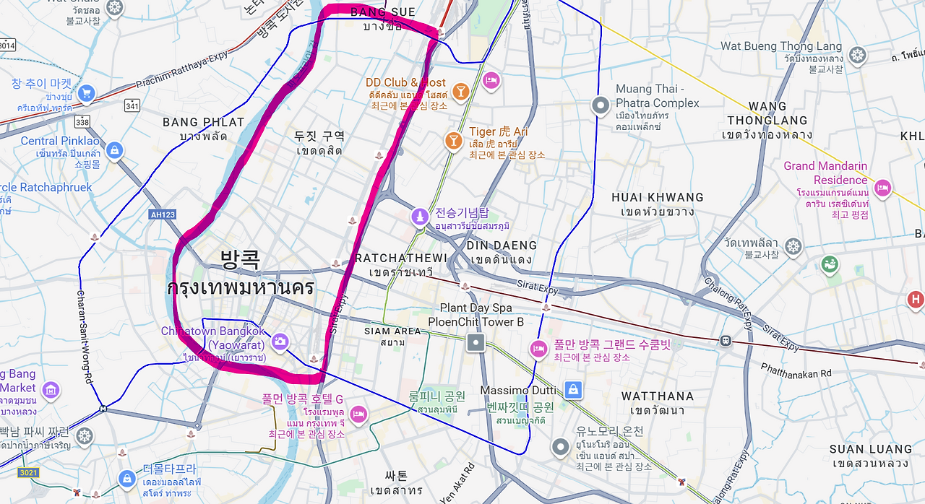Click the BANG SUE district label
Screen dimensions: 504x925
(382, 12)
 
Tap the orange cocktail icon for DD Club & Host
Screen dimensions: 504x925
(460, 91)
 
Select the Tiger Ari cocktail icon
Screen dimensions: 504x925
(454, 140)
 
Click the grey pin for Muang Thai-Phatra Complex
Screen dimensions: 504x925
(600, 105)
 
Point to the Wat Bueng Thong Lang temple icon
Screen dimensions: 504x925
(857, 55)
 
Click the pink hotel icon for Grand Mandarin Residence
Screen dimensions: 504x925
(882, 189)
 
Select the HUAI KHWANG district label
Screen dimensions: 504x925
(657, 197)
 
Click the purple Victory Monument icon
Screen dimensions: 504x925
(420, 217)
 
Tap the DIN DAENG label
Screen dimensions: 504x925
(502, 246)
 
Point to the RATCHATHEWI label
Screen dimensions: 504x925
(401, 258)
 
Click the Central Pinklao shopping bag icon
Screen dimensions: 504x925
(113, 150)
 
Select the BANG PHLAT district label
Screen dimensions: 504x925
(204, 122)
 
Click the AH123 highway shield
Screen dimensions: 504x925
(162, 214)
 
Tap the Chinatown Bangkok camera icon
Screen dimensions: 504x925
(280, 341)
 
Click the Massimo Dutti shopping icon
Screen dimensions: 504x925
(572, 390)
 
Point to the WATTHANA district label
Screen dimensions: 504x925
(657, 396)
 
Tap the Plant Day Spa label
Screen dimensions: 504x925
(476, 308)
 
